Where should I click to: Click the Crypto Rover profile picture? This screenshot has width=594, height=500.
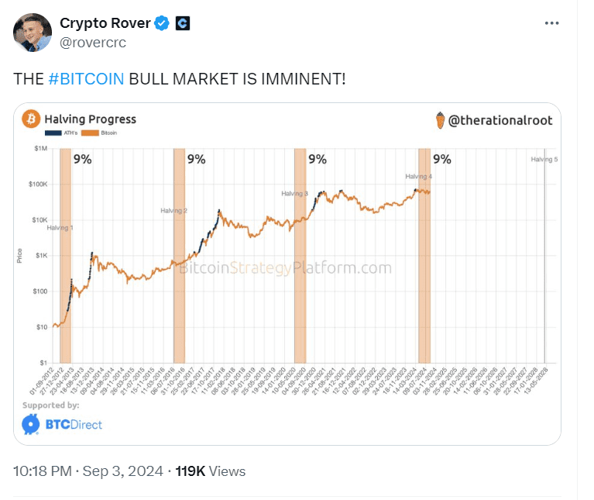tap(32, 33)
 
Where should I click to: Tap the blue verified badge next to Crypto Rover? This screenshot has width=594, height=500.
tap(161, 24)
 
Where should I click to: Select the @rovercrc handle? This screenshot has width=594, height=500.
tap(92, 42)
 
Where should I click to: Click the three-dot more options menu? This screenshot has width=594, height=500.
tap(551, 23)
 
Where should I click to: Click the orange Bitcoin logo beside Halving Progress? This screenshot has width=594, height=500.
tap(31, 119)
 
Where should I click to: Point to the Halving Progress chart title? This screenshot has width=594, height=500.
tap(90, 119)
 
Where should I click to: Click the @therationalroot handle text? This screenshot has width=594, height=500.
tap(500, 120)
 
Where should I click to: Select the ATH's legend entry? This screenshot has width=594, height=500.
tap(56, 134)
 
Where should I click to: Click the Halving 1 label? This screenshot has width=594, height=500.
tap(60, 227)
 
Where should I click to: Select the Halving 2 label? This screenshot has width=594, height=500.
tap(173, 211)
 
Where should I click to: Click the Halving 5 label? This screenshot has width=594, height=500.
tap(544, 159)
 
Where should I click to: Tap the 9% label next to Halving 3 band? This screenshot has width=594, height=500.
tap(318, 159)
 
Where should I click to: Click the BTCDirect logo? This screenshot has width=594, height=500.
tap(62, 424)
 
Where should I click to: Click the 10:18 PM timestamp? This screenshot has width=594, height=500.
tap(42, 471)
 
